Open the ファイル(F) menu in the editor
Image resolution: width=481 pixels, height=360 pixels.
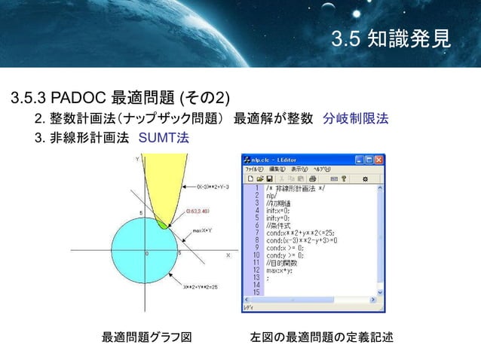(252, 169)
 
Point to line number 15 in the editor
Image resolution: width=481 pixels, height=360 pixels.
(256, 291)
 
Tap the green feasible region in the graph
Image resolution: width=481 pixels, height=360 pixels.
(163, 223)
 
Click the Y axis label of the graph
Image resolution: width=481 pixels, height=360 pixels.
(136, 160)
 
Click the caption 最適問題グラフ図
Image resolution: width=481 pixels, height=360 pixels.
(146, 337)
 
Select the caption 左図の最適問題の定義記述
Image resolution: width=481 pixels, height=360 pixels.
(321, 337)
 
